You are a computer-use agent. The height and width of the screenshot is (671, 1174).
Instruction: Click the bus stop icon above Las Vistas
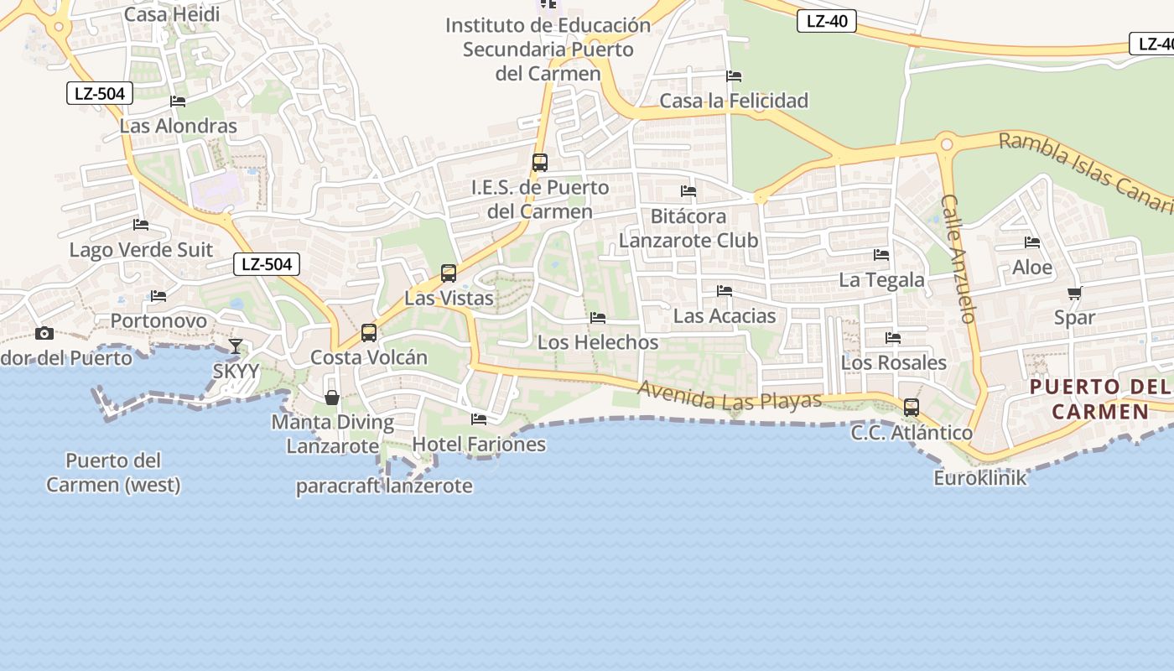(x=449, y=273)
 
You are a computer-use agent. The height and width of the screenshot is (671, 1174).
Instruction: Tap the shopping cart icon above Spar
(x=1074, y=294)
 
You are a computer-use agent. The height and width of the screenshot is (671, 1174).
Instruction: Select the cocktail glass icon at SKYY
(x=236, y=346)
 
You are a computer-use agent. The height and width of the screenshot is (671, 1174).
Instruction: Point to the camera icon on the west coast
(x=44, y=333)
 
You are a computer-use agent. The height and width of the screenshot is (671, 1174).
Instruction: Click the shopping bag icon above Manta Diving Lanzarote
(x=332, y=397)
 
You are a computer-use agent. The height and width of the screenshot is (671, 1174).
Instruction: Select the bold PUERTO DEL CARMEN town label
(x=1099, y=399)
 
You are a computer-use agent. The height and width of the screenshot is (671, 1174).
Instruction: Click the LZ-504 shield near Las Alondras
(x=100, y=93)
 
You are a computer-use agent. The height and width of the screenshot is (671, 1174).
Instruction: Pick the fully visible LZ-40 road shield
(x=826, y=22)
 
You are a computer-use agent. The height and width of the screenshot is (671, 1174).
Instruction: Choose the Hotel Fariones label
(x=479, y=445)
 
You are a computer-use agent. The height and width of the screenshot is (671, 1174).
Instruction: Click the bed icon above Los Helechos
(x=598, y=318)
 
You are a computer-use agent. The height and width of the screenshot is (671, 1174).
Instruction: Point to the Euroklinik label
(x=979, y=478)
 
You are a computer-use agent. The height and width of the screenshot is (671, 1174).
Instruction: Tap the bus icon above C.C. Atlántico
(x=912, y=408)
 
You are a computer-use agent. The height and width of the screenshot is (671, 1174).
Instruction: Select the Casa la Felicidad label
(x=734, y=101)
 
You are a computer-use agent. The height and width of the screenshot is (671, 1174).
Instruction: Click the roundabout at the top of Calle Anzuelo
(x=947, y=144)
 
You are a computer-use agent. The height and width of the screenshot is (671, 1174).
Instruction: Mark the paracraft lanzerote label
(x=384, y=486)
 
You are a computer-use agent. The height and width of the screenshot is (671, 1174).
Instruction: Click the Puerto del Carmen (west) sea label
(x=113, y=472)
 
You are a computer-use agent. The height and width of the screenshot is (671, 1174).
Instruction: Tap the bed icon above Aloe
(x=1032, y=242)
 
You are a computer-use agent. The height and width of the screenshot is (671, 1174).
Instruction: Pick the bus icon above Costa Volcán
(x=369, y=333)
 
